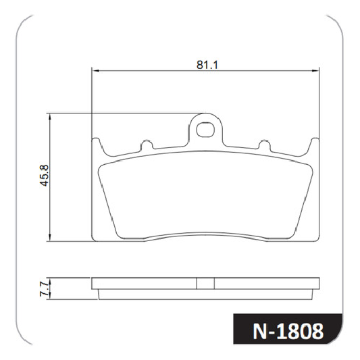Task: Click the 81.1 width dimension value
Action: (207, 65)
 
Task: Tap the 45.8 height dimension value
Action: (44, 176)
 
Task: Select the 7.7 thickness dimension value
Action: (44, 289)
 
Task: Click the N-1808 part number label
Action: (288, 332)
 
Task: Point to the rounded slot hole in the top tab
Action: (205, 130)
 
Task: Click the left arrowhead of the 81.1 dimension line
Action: (95, 71)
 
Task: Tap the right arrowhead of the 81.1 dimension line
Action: (315, 71)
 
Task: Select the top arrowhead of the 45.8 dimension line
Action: (50, 117)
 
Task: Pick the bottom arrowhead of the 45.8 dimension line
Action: (50, 238)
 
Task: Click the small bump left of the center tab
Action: (147, 145)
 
